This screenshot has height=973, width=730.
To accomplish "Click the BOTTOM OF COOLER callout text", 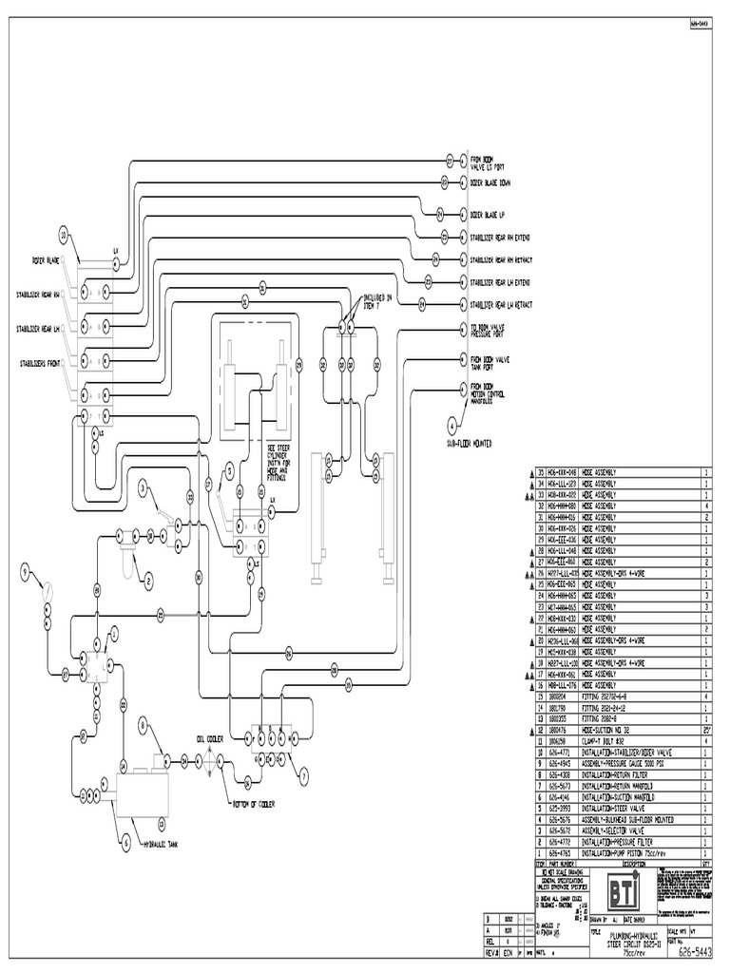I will pyautogui.click(x=254, y=803).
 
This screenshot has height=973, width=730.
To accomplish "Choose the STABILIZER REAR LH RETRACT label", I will pyautogui.click(x=500, y=305).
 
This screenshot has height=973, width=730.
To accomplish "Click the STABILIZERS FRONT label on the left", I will pyautogui.click(x=41, y=362).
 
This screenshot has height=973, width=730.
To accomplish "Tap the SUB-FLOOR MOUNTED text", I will pyautogui.click(x=466, y=442).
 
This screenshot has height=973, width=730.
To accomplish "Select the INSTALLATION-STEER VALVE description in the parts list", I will pyautogui.click(x=615, y=809).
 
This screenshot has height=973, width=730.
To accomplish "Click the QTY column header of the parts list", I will pyautogui.click(x=705, y=864).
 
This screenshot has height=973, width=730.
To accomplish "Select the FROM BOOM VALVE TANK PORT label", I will pyautogui.click(x=490, y=364).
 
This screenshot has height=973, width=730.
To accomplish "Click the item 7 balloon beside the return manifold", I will pyautogui.click(x=304, y=774).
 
